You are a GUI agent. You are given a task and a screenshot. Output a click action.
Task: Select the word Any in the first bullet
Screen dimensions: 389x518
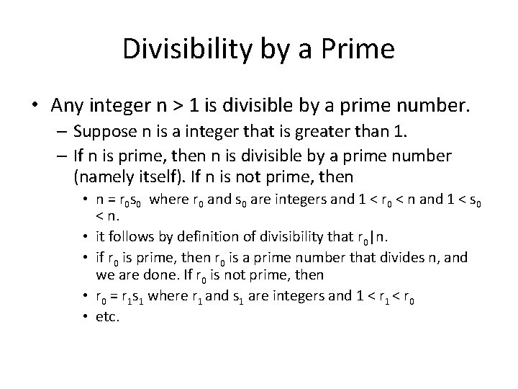tap(66, 106)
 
